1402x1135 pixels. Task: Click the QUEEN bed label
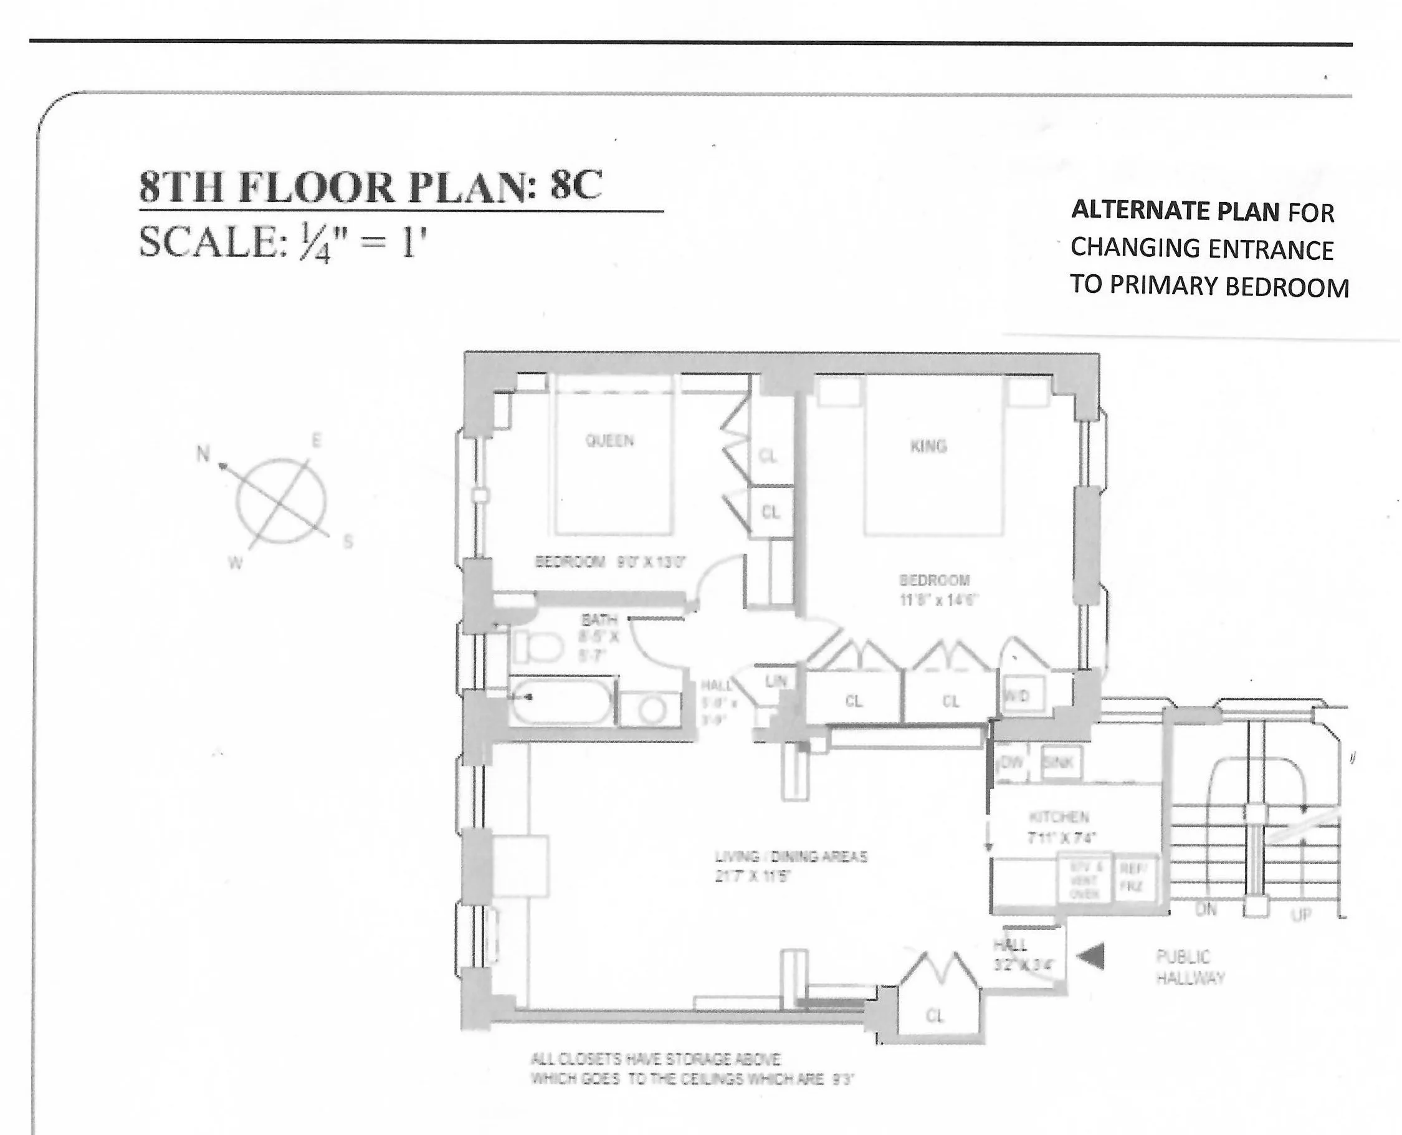point(609,441)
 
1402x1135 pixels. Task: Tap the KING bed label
point(928,446)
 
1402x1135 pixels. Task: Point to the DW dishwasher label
point(1011,762)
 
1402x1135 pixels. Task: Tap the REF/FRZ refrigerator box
point(1133,878)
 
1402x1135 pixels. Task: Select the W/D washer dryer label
point(1017,696)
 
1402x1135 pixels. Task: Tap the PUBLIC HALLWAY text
point(1190,967)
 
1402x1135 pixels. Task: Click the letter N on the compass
point(203,454)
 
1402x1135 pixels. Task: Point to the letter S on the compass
point(348,542)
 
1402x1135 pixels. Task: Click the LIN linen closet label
point(776,682)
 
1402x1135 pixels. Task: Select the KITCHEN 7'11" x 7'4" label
point(1061,826)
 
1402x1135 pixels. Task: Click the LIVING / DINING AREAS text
point(791,856)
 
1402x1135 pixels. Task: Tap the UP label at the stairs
point(1300,914)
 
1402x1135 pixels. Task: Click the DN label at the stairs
point(1205,909)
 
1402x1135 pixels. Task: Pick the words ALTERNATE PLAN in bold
point(1175,211)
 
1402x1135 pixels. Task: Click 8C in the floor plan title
point(575,186)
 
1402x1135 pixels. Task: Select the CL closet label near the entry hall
point(935,1015)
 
